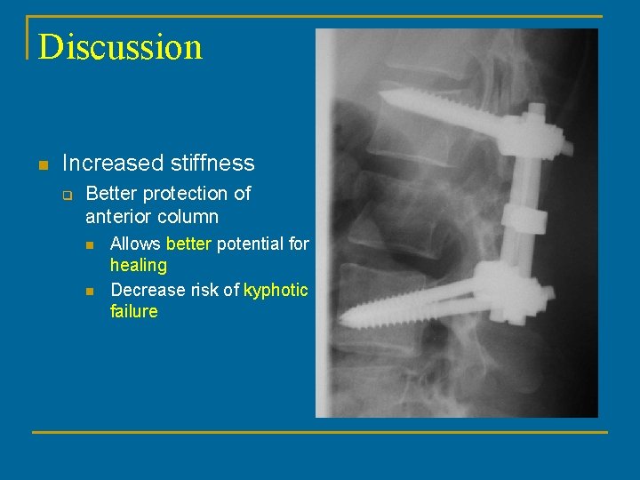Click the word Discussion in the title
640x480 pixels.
[120, 46]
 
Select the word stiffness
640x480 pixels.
[210, 164]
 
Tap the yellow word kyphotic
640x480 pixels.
[276, 290]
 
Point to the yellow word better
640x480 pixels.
[188, 244]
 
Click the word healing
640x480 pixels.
[139, 265]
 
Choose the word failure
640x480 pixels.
[134, 311]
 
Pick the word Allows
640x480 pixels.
[135, 244]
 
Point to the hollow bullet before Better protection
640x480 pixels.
[67, 195]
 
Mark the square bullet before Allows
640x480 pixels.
[90, 244]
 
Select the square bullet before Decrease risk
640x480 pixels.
[90, 291]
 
